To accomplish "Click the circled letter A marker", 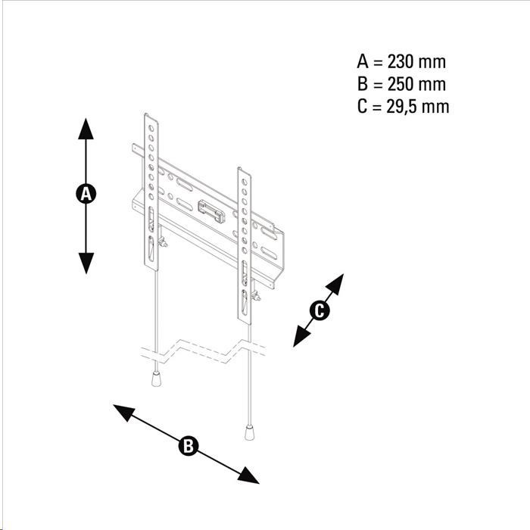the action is (86, 194).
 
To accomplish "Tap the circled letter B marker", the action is (189, 445).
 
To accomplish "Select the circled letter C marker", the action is (320, 310).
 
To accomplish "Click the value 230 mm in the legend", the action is (416, 62).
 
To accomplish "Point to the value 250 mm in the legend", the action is (416, 84).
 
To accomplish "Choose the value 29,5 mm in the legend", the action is (418, 107).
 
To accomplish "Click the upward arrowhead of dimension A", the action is (86, 129).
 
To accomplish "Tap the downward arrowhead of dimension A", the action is (86, 263).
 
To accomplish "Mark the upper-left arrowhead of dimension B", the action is (124, 412).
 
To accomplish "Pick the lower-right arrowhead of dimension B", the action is (248, 475).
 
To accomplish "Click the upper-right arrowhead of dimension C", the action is (335, 283).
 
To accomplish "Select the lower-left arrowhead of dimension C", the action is (301, 337).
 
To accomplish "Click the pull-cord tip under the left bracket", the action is (156, 379).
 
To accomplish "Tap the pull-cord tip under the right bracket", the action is (249, 432).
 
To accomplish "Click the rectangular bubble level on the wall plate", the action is (211, 211).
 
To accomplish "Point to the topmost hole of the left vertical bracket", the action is (151, 128).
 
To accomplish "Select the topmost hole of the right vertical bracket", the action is (245, 182).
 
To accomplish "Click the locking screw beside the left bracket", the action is (163, 242).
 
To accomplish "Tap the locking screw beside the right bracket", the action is (256, 297).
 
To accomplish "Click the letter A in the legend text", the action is (363, 62).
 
